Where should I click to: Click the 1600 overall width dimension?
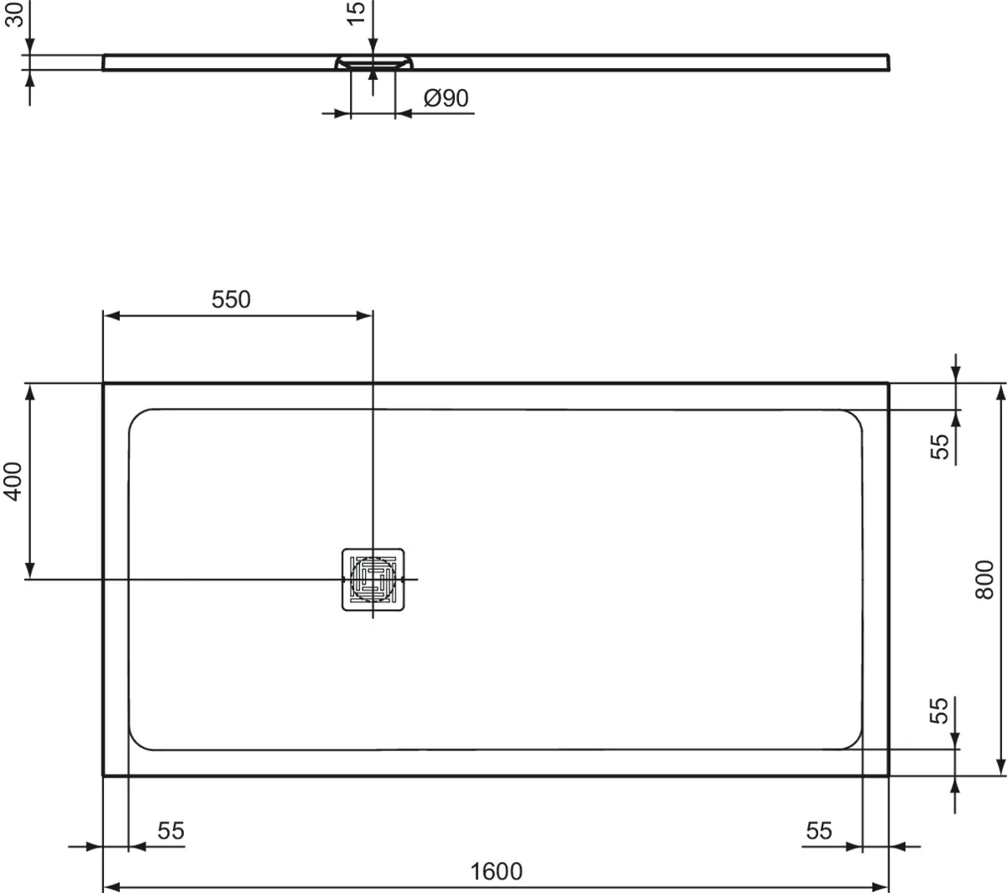(497, 871)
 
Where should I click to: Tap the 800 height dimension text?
(984, 579)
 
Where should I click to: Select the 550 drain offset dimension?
(231, 299)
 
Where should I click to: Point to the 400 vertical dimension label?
(13, 481)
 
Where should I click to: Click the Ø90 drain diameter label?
(446, 98)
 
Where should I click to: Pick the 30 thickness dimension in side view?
(13, 14)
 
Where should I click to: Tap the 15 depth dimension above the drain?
(356, 13)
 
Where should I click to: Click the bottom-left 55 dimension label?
(170, 831)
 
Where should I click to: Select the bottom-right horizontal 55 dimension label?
(818, 831)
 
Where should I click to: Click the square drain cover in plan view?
(373, 580)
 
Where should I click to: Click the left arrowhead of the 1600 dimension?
(109, 886)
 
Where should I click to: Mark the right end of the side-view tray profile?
(888, 63)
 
